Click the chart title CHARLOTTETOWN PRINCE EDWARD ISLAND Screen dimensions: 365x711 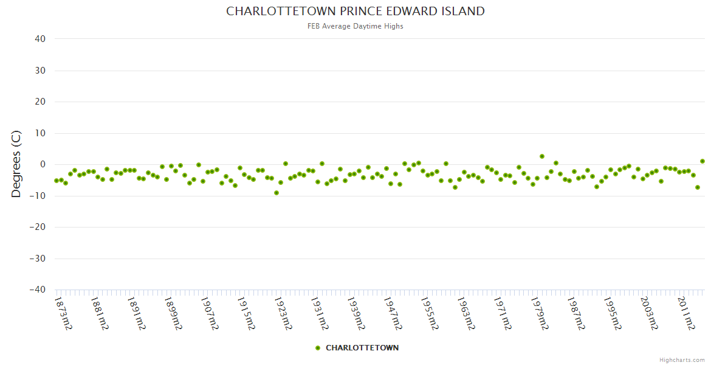(x=355, y=12)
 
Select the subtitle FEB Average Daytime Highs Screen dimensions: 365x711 (x=355, y=26)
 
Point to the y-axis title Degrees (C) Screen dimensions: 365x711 (x=16, y=164)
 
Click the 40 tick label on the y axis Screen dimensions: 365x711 (x=40, y=39)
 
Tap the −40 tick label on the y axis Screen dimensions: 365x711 (x=37, y=290)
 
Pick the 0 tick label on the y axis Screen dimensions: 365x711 (x=43, y=164)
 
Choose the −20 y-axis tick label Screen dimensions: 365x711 (x=37, y=228)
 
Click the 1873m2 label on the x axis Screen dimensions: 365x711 (x=64, y=313)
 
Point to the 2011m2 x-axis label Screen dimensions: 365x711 (x=686, y=313)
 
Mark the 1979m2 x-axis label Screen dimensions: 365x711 (x=540, y=313)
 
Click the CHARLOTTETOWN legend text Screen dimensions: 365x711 (x=362, y=348)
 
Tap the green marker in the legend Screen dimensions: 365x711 (x=318, y=348)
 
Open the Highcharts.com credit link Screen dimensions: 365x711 (x=682, y=360)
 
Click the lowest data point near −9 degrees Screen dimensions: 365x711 (x=276, y=193)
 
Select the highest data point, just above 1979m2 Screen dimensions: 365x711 (x=542, y=156)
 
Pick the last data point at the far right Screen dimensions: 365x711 (x=702, y=161)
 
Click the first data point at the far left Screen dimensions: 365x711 (x=57, y=181)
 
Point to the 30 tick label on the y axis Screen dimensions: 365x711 (x=40, y=71)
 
